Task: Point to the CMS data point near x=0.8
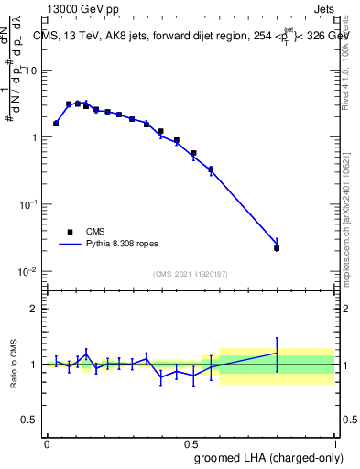tap(277, 248)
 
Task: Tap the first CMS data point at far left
tap(56, 123)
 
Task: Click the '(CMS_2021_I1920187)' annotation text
tap(190, 273)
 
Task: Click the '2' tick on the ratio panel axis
tap(34, 309)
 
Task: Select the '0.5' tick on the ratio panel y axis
tap(29, 420)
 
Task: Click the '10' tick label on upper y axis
tap(31, 70)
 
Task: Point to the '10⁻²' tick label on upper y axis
tap(28, 272)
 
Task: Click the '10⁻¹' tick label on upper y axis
tap(28, 204)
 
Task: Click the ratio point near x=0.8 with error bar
tap(277, 353)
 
